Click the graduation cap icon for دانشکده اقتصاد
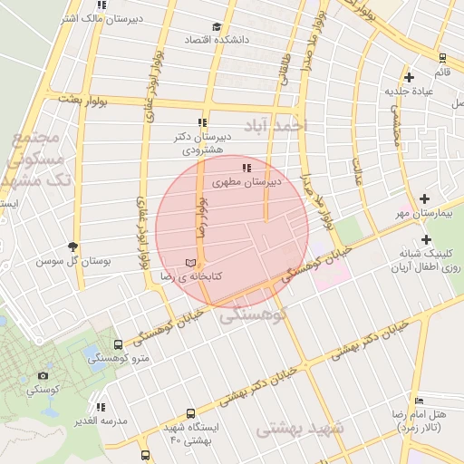pyautogui.click(x=216, y=27)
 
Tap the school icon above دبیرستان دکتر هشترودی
pyautogui.click(x=202, y=122)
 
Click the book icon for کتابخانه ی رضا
pyautogui.click(x=189, y=261)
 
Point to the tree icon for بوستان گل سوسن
pyautogui.click(x=73, y=246)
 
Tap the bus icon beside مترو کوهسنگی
pyautogui.click(x=118, y=345)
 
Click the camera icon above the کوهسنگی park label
pyautogui.click(x=43, y=375)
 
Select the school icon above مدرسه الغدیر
pyautogui.click(x=100, y=407)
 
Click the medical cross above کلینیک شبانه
pyautogui.click(x=425, y=239)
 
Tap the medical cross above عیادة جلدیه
pyautogui.click(x=410, y=77)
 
